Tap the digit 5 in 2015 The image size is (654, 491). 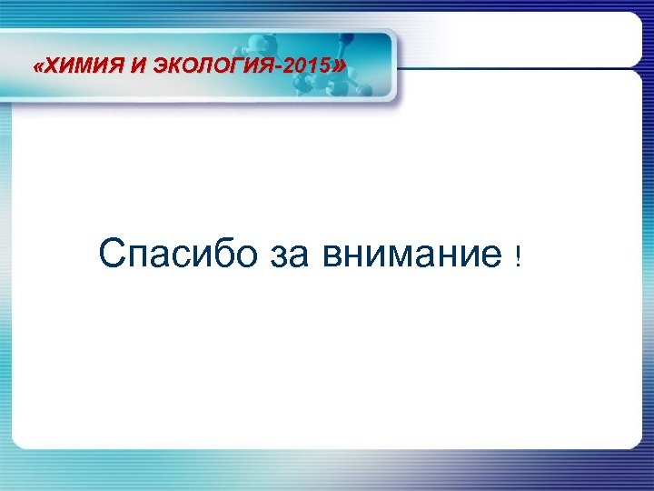[325, 67]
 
